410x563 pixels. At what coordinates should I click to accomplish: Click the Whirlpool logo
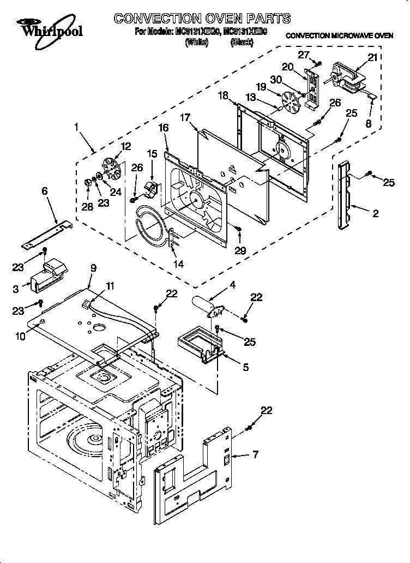point(49,28)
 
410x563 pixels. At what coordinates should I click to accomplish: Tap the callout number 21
point(372,58)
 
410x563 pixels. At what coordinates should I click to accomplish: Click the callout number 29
point(240,250)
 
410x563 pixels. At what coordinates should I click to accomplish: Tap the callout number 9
point(93,268)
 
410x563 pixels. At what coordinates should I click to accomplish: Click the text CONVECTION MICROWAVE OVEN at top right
point(339,35)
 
